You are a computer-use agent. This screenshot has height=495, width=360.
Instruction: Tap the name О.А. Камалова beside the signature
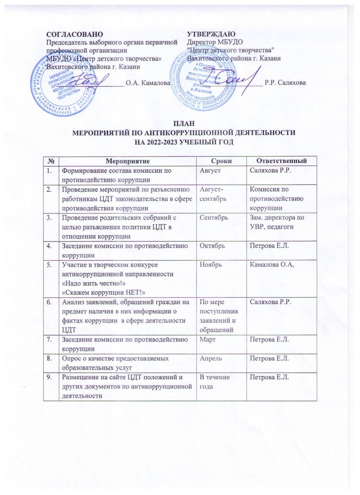148,83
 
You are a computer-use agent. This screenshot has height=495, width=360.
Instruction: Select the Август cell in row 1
210,170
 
